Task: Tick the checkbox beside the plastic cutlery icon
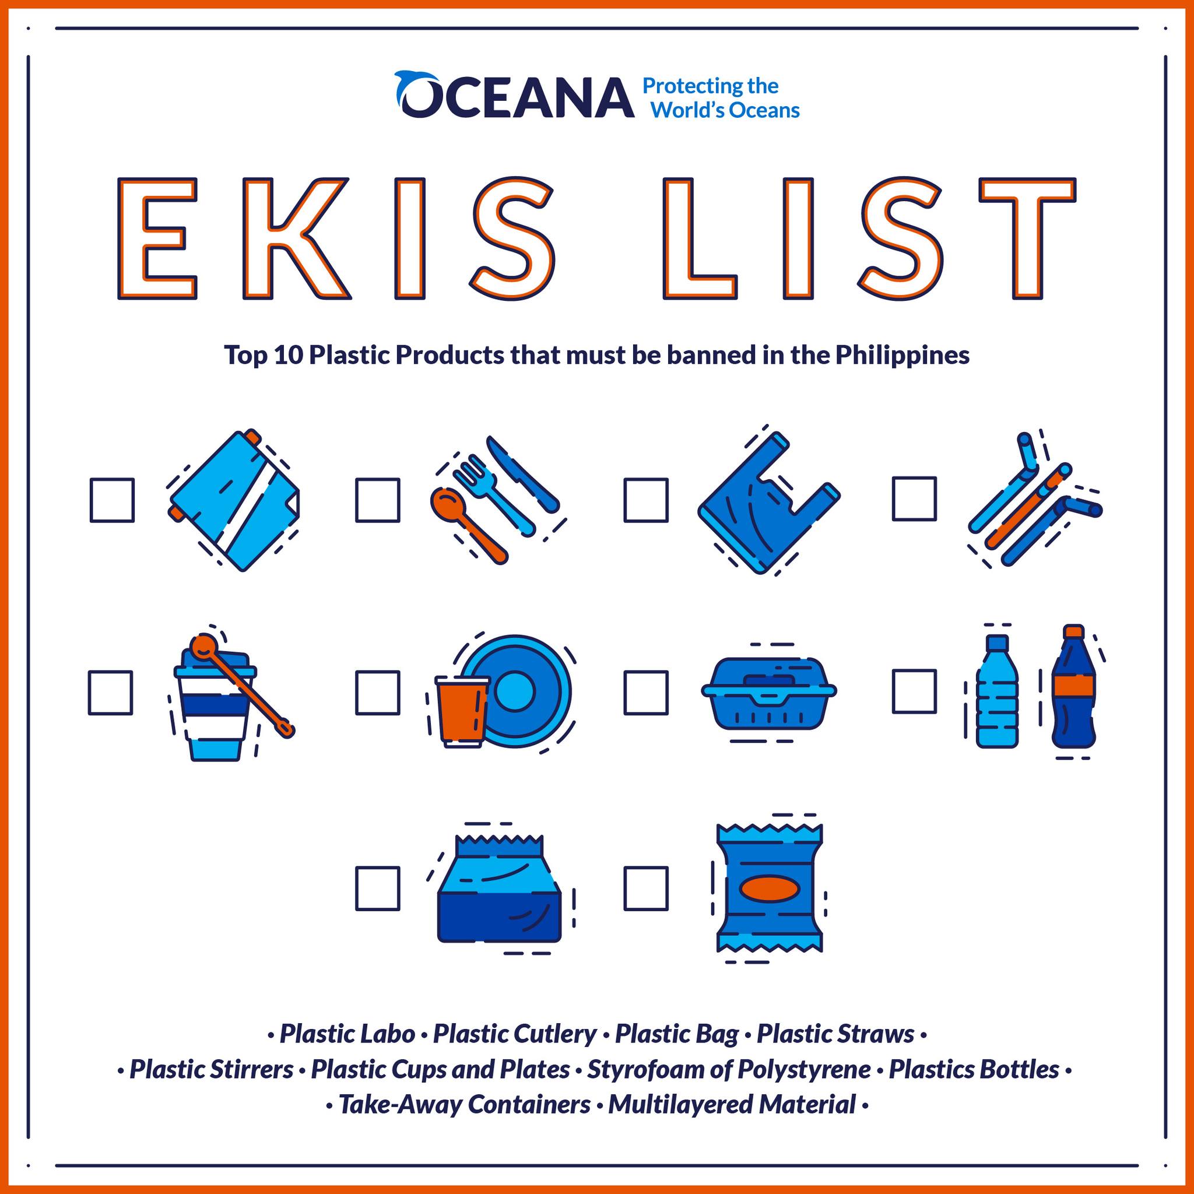[378, 500]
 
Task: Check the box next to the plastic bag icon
[646, 500]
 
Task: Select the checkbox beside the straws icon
[914, 498]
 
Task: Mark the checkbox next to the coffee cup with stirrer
[111, 693]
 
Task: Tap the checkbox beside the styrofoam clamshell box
[646, 693]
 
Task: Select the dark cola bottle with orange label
[1074, 694]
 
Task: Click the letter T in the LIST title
[1028, 238]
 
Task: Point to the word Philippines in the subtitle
[902, 356]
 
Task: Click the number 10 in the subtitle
[287, 356]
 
